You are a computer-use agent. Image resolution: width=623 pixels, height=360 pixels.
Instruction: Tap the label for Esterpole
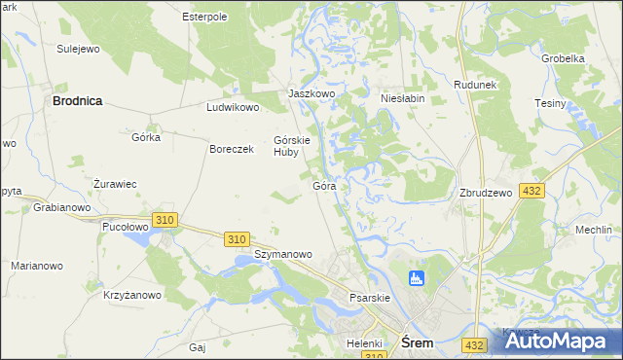coord(204,17)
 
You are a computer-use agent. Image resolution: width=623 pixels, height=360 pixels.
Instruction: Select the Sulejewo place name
coord(79,48)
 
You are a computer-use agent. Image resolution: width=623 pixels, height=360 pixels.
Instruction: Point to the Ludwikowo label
coord(233,108)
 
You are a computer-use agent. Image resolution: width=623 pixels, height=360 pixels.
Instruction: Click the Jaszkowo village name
coord(311,93)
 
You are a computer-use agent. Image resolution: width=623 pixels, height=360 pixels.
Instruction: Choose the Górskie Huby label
coord(292,145)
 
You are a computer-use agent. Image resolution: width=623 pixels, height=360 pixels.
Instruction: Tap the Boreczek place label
coord(232,149)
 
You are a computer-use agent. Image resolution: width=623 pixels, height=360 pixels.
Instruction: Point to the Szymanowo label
coord(283,254)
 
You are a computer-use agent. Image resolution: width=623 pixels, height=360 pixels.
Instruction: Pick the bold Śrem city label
coord(418,342)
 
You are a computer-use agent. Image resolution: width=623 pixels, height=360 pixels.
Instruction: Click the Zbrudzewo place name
coord(486,193)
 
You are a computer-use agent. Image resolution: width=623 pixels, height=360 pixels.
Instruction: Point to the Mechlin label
coord(593,231)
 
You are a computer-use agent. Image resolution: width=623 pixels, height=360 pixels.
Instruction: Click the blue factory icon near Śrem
coord(418,279)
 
